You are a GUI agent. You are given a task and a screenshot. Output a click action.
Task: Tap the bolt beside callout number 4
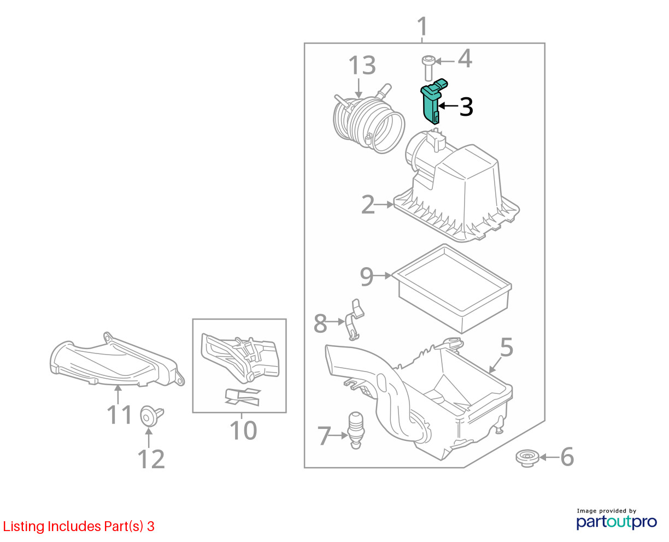point(429,68)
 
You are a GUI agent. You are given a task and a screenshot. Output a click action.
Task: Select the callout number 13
point(362,66)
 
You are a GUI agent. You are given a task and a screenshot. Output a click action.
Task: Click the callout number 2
point(368,204)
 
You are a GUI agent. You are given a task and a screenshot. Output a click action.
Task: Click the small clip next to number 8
point(354,320)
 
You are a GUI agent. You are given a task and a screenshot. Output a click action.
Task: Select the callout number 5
point(506,347)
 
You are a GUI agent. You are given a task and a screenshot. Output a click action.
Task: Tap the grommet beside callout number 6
point(527,458)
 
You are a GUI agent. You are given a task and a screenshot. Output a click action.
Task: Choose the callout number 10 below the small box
point(243,431)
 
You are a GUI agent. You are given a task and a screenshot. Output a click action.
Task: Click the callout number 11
point(119,415)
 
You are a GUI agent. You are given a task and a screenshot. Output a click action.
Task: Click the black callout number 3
point(466,107)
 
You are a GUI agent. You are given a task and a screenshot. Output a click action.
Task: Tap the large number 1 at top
point(422,26)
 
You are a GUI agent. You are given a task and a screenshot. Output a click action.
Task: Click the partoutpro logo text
point(617,522)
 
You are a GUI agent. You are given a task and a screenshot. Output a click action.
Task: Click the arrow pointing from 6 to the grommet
point(550,457)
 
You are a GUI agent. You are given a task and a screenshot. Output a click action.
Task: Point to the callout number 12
point(151,459)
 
